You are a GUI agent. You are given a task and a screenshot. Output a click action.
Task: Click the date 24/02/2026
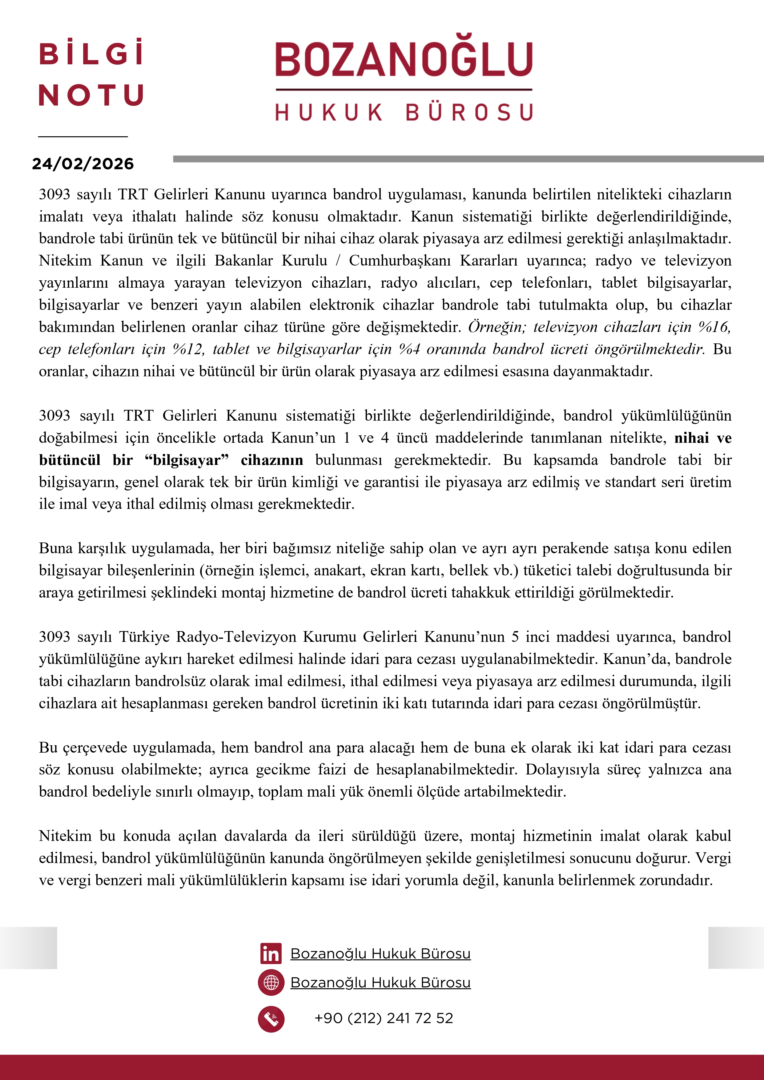coord(83,164)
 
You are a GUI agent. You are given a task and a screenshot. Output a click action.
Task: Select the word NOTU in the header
coord(91,95)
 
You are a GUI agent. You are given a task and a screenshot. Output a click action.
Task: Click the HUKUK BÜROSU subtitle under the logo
coord(404,113)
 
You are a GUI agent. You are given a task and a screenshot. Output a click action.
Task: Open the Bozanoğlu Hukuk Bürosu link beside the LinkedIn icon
coord(380,954)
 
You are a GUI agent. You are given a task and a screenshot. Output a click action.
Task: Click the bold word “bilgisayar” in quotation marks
coord(187,460)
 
